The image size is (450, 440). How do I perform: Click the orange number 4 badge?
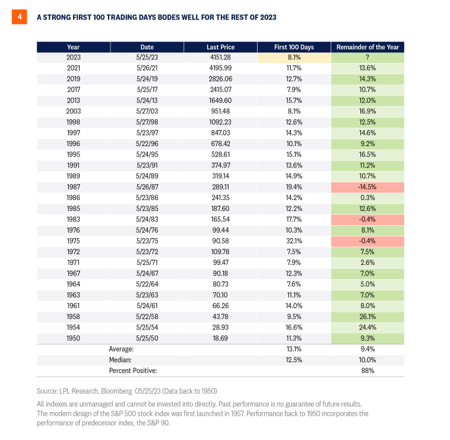[19, 17]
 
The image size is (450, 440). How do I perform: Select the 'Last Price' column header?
[220, 47]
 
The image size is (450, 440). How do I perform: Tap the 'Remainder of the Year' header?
[367, 47]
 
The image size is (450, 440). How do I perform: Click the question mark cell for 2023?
[367, 58]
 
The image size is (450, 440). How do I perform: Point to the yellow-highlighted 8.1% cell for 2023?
[294, 58]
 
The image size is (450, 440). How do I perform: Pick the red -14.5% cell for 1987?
[367, 187]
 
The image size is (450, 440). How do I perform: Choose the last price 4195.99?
[220, 68]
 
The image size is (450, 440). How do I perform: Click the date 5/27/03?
[147, 112]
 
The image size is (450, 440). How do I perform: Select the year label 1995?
[74, 154]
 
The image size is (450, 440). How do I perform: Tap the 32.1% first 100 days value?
[294, 241]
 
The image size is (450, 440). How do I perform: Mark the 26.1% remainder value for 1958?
[367, 316]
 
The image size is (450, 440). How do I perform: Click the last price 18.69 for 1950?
[220, 338]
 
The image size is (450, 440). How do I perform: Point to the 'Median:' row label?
[121, 360]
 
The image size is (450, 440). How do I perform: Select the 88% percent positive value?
[367, 371]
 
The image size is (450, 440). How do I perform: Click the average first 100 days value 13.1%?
[294, 349]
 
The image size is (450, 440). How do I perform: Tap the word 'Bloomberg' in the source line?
[116, 391]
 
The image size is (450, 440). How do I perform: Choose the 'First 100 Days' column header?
[294, 47]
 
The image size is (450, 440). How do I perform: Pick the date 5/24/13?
[147, 100]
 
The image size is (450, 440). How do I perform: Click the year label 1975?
[74, 241]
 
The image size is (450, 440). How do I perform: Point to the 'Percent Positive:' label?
[133, 371]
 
